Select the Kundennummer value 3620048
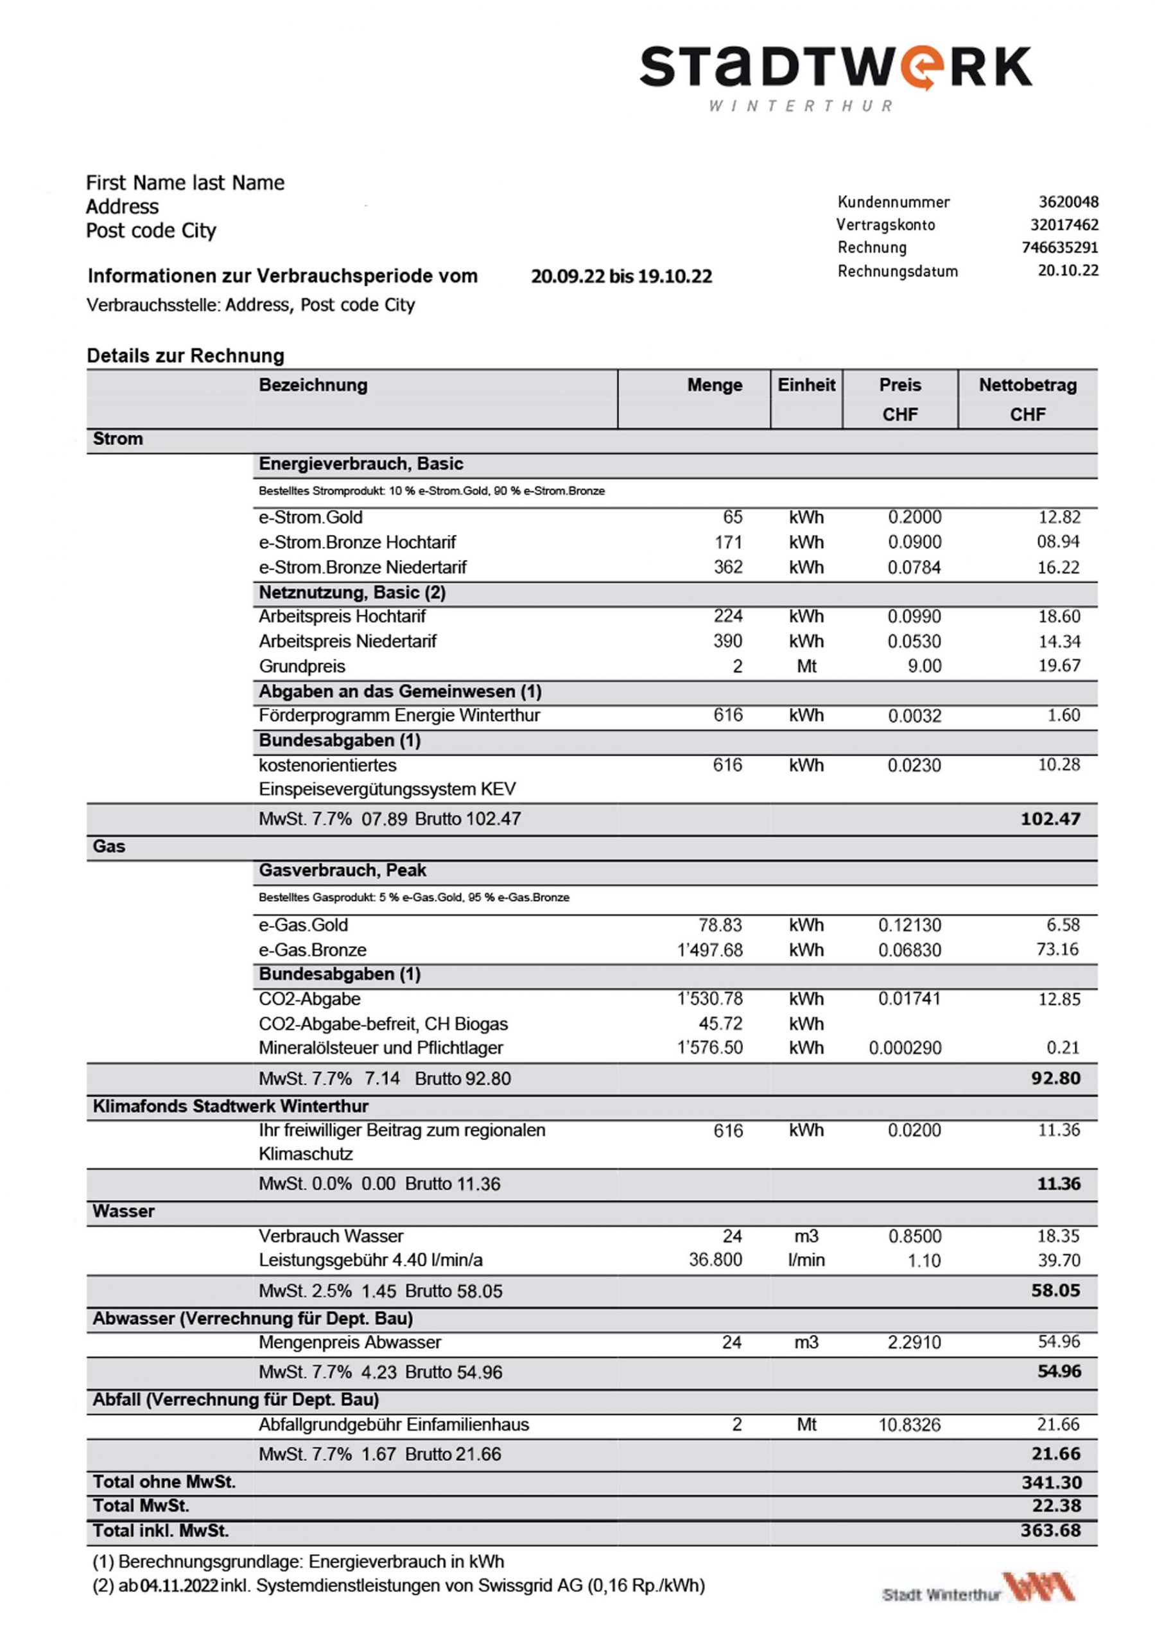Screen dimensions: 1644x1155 click(1068, 202)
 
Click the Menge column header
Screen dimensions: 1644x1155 click(714, 385)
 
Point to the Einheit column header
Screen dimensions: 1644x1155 click(806, 385)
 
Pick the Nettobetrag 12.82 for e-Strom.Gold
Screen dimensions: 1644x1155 click(1059, 517)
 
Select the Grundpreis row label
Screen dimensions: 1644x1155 click(302, 667)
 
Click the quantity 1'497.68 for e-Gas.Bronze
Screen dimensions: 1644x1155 click(709, 950)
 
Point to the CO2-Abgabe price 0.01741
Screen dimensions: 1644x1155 click(909, 999)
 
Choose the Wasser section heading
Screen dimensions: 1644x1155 click(123, 1212)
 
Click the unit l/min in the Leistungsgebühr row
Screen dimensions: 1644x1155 click(806, 1260)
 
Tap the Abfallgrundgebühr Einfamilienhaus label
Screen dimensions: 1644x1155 click(393, 1425)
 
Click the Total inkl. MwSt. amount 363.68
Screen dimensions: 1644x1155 click(1050, 1531)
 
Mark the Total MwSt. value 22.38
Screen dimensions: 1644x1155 click(1055, 1506)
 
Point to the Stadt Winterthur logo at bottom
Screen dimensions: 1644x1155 click(978, 1589)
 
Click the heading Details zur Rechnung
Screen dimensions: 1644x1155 click(186, 356)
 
